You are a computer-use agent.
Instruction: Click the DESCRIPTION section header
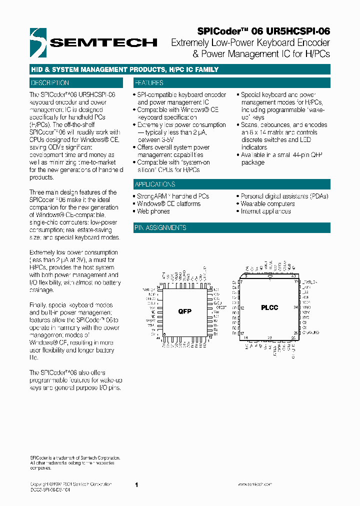50,83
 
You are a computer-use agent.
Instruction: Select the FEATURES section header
148,83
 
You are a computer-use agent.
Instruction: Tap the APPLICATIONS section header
155,184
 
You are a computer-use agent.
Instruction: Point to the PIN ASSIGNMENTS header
160,228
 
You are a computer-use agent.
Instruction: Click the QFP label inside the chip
185,311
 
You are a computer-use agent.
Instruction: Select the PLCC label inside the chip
269,307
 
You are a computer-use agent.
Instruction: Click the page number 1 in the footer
136,484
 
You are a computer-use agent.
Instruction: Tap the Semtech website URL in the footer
254,484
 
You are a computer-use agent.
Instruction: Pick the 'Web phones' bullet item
153,211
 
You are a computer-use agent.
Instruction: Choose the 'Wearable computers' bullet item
267,204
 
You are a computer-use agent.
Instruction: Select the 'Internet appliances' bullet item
265,211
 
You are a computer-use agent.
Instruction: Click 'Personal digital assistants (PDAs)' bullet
284,196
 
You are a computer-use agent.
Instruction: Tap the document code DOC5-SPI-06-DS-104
50,490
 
